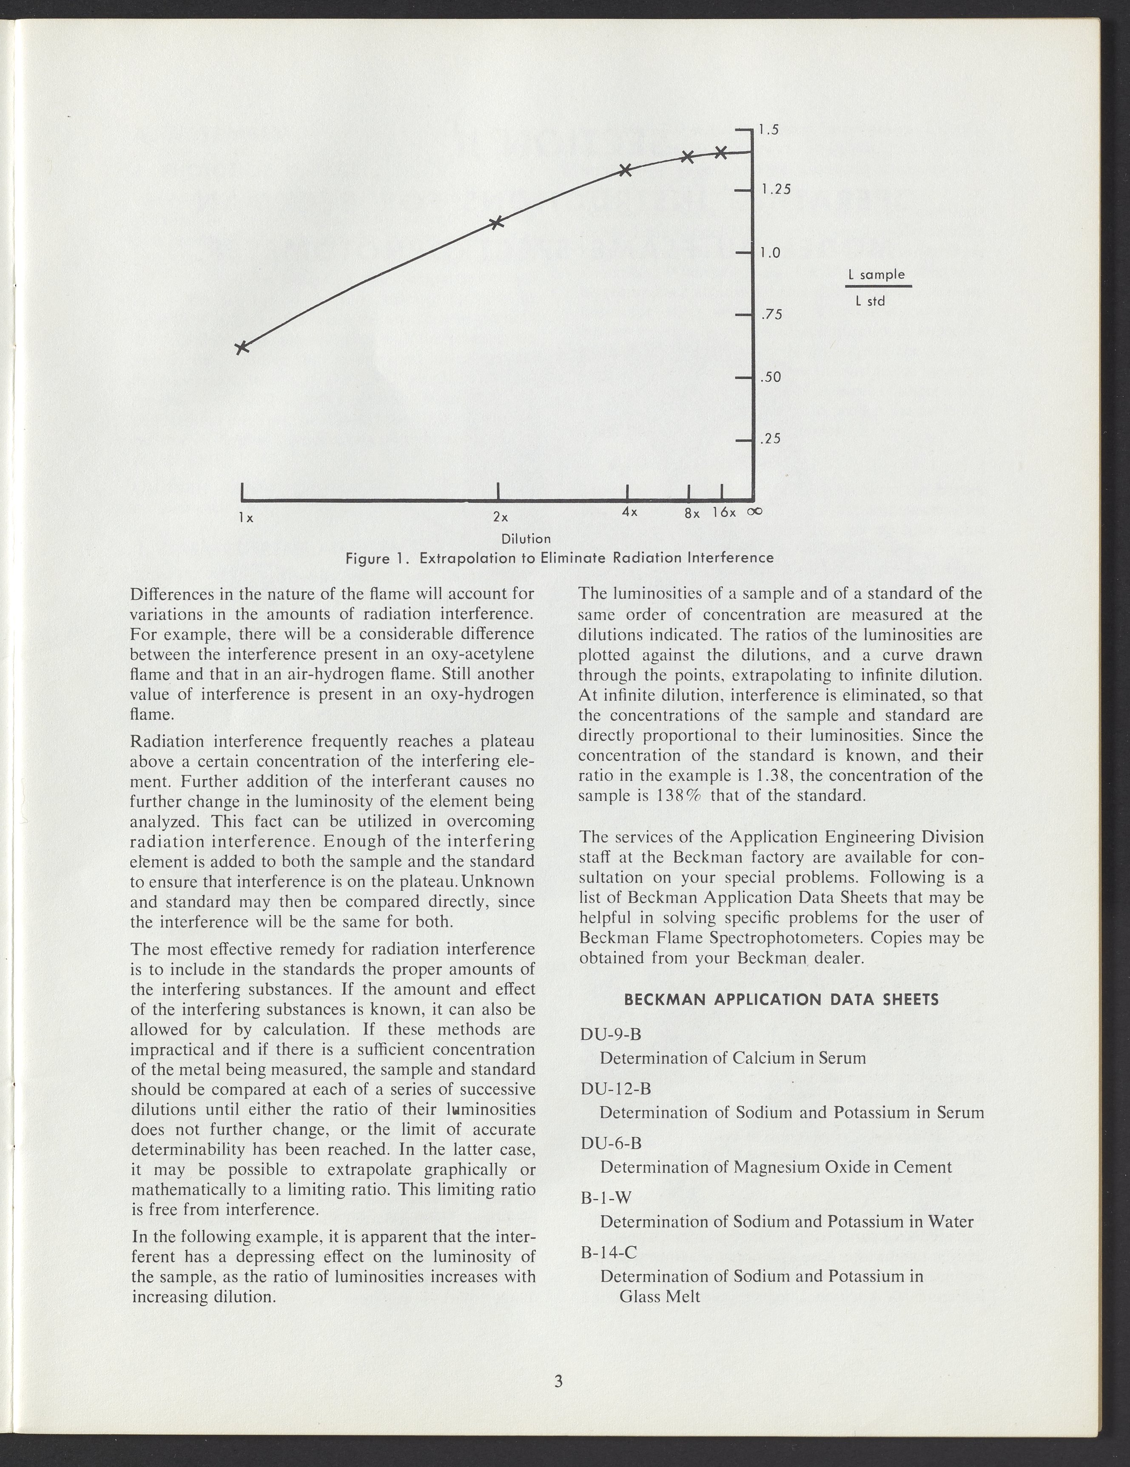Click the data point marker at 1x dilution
pos(242,347)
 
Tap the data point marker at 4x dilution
pos(625,170)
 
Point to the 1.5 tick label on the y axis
pos(769,130)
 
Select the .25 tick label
pos(771,439)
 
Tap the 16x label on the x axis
pos(724,512)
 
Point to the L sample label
pos(877,275)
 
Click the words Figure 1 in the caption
pos(377,558)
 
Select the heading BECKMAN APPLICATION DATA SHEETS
pos(782,1000)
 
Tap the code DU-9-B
pos(610,1035)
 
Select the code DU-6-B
pos(610,1143)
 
